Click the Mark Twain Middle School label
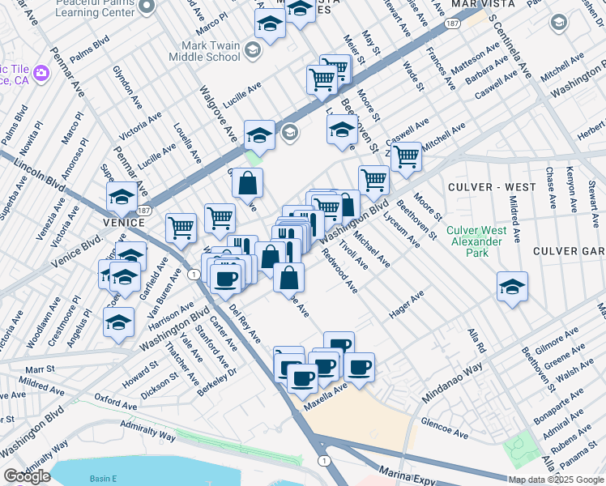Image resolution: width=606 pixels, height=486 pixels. [x=204, y=52]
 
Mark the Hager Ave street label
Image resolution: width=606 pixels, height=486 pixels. [x=407, y=307]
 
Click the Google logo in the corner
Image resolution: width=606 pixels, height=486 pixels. [x=27, y=475]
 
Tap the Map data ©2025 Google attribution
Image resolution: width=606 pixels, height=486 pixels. [x=556, y=480]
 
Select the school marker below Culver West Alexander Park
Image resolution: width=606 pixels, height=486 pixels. [x=511, y=287]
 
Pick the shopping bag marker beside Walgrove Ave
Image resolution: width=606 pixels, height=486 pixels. [x=248, y=183]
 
